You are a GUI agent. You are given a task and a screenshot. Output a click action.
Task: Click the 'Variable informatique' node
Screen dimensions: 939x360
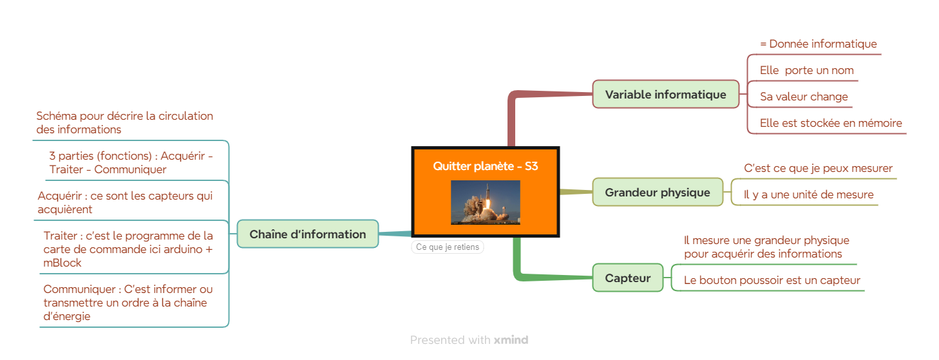pos(665,94)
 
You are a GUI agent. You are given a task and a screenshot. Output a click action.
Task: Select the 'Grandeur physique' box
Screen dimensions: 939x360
pos(658,192)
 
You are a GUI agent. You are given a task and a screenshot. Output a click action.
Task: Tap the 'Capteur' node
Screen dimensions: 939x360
pos(627,278)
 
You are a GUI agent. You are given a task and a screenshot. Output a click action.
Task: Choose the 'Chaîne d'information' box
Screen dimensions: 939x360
pos(308,234)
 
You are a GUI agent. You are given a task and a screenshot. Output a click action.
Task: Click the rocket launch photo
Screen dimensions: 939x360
pos(486,202)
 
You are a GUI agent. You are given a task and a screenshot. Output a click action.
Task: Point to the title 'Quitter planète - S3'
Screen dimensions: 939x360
pos(486,166)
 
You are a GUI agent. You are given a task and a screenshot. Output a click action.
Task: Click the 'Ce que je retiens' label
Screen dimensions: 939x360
pos(448,247)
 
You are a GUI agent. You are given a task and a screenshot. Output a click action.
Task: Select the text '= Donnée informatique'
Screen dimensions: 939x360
pos(819,44)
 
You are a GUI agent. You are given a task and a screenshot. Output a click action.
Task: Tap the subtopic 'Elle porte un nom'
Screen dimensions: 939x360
pos(806,70)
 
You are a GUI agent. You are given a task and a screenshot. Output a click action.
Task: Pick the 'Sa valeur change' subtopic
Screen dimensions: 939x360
pos(804,97)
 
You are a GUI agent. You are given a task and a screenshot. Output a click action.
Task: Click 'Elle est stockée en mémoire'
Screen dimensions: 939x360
pos(831,123)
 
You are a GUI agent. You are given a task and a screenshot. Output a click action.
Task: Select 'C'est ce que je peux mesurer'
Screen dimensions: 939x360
pos(818,168)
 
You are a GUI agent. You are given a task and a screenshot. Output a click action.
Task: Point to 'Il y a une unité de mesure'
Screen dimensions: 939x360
pos(809,194)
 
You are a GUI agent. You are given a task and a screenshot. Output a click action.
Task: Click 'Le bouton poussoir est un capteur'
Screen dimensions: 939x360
pos(772,280)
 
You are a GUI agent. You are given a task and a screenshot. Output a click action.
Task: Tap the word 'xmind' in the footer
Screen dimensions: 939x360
pos(511,339)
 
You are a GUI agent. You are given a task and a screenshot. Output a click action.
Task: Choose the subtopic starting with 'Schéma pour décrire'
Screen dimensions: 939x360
pos(124,122)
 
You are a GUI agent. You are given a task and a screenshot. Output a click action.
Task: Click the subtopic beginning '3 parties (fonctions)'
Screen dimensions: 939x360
pos(131,162)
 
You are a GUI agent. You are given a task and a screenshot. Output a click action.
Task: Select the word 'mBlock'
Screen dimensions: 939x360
pos(62,263)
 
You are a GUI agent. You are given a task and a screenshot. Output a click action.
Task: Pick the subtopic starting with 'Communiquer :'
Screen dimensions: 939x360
pos(128,303)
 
